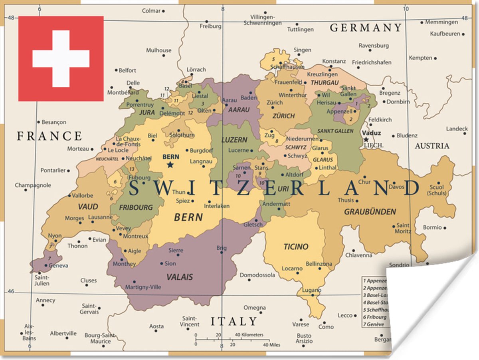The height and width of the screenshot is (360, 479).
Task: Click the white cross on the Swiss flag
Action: click(61, 59)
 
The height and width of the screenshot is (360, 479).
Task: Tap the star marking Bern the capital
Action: click(170, 165)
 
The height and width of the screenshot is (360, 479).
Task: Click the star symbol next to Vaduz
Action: click(366, 139)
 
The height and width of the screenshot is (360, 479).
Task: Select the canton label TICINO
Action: click(296, 247)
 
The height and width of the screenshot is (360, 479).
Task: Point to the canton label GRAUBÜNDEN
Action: click(370, 212)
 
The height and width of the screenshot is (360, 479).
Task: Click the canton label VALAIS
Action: click(180, 277)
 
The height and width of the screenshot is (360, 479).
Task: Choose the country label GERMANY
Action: click(365, 28)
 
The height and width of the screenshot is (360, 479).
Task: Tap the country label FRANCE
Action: click(49, 136)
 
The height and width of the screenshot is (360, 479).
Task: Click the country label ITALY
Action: click(234, 321)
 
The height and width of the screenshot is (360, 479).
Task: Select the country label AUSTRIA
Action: click(432, 146)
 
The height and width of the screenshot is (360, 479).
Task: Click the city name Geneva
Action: click(58, 265)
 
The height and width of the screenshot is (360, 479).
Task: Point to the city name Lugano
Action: click(312, 290)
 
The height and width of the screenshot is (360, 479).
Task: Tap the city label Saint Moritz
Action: click(403, 228)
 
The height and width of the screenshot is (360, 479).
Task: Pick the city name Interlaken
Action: click(217, 206)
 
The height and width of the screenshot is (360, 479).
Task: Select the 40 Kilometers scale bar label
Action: click(249, 334)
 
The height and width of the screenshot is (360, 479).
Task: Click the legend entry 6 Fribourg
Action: click(375, 317)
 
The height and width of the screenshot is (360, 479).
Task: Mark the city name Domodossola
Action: click(257, 275)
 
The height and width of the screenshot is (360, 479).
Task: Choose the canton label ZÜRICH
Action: click(283, 116)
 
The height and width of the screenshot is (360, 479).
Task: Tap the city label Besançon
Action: click(54, 122)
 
